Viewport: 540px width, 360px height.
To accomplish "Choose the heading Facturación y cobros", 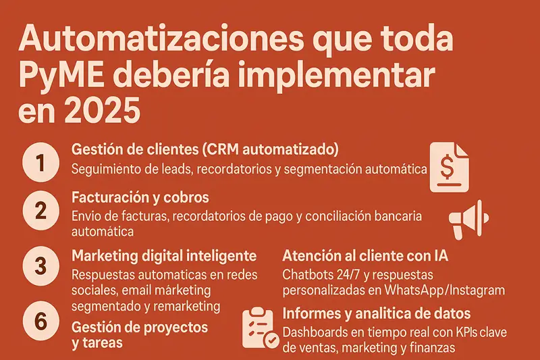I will click(x=140, y=198).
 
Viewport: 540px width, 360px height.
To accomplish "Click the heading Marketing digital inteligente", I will click(x=163, y=257).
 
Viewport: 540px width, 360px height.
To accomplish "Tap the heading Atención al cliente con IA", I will click(x=364, y=257).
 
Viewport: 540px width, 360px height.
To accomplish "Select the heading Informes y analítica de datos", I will click(x=377, y=314).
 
